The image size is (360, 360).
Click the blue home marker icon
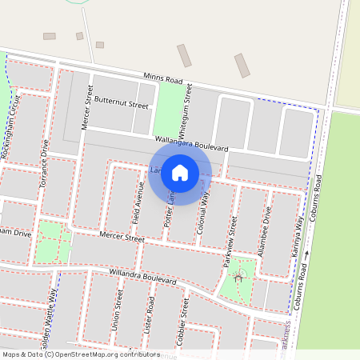pos(180,173)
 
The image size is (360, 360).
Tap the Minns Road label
pos(163,79)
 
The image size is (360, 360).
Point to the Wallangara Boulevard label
pos(192,143)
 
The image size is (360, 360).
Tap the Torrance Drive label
pos(44,166)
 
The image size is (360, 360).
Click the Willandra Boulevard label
pos(143,276)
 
